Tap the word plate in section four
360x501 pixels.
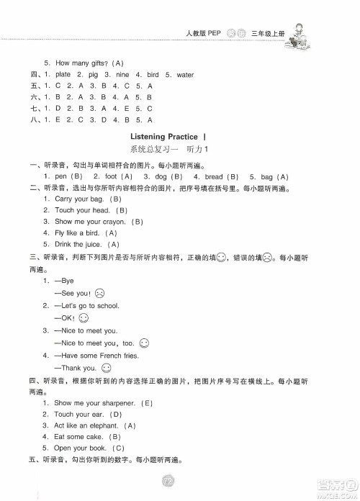(63, 74)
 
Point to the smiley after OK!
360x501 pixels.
(84, 317)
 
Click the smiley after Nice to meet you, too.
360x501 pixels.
(143, 343)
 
